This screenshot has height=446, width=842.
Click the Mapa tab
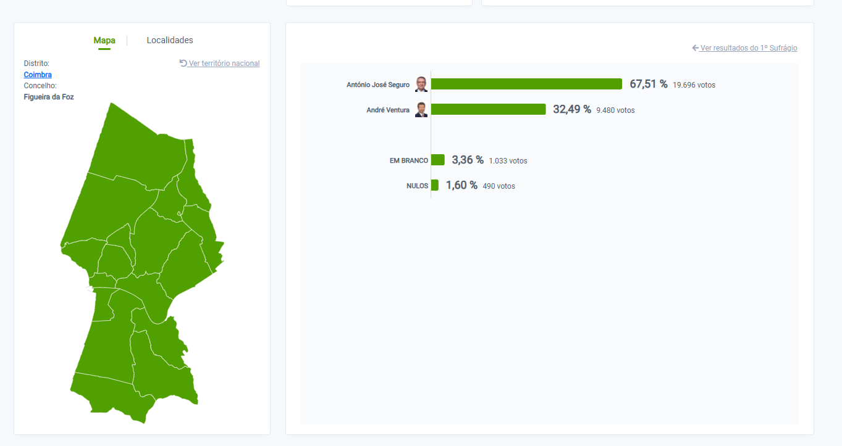104,41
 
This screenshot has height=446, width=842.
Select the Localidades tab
170,41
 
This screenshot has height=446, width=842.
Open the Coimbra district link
38,75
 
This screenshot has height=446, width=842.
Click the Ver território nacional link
220,64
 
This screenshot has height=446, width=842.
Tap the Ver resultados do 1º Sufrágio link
745,48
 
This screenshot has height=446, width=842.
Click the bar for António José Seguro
526,84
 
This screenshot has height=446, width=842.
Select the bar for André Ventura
488,109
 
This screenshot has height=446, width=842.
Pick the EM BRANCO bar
437,160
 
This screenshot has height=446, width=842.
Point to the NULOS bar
434,185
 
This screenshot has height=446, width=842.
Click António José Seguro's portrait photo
421,84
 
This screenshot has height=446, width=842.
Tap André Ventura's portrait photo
421,109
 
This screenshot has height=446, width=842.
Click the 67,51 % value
648,84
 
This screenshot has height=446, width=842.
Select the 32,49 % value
571,109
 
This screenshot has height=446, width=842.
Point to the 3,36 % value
468,160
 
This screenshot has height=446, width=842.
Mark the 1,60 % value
461,185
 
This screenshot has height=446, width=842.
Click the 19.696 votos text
694,85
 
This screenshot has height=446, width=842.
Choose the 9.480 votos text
615,110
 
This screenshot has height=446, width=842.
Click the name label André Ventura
388,110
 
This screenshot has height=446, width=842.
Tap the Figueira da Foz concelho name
49,97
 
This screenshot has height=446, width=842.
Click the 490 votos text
499,186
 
